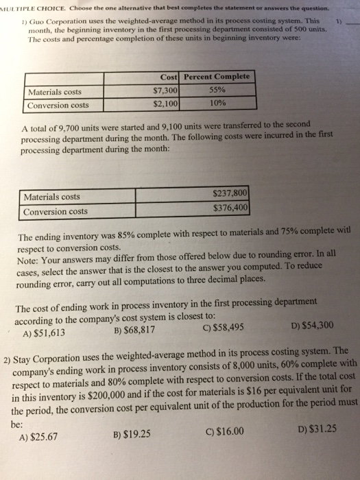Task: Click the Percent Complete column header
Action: tap(218, 77)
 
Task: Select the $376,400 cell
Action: tap(231, 209)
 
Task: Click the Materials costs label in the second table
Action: tap(52, 197)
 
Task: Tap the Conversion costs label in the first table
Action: tap(58, 106)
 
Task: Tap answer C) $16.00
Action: tap(225, 432)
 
